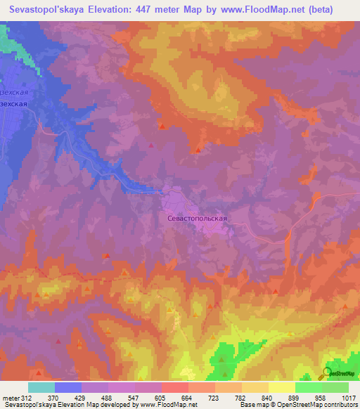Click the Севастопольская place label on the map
pyautogui.click(x=197, y=219)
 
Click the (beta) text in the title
pyautogui.click(x=335, y=10)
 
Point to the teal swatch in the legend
pyautogui.click(x=41, y=387)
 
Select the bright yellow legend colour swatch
pyautogui.click(x=281, y=387)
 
